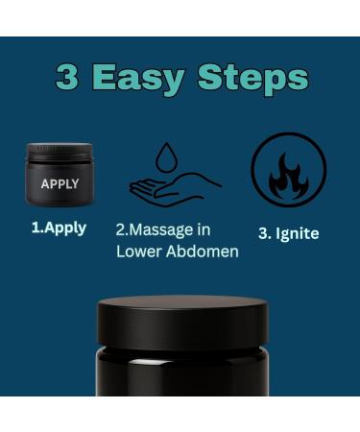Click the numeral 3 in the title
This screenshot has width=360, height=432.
click(x=66, y=77)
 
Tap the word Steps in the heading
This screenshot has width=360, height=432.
click(x=252, y=77)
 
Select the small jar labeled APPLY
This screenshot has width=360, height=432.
click(x=60, y=175)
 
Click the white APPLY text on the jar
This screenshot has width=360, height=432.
click(x=60, y=183)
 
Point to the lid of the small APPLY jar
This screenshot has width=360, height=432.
click(x=60, y=152)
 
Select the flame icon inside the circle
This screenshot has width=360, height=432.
click(x=288, y=176)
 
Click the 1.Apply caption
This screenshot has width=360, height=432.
click(x=59, y=228)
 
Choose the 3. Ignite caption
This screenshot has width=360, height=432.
click(x=288, y=233)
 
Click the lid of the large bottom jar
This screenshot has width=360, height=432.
click(x=182, y=324)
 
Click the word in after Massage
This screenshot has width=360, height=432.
click(x=203, y=230)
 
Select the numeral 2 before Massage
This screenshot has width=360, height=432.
click(x=121, y=230)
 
